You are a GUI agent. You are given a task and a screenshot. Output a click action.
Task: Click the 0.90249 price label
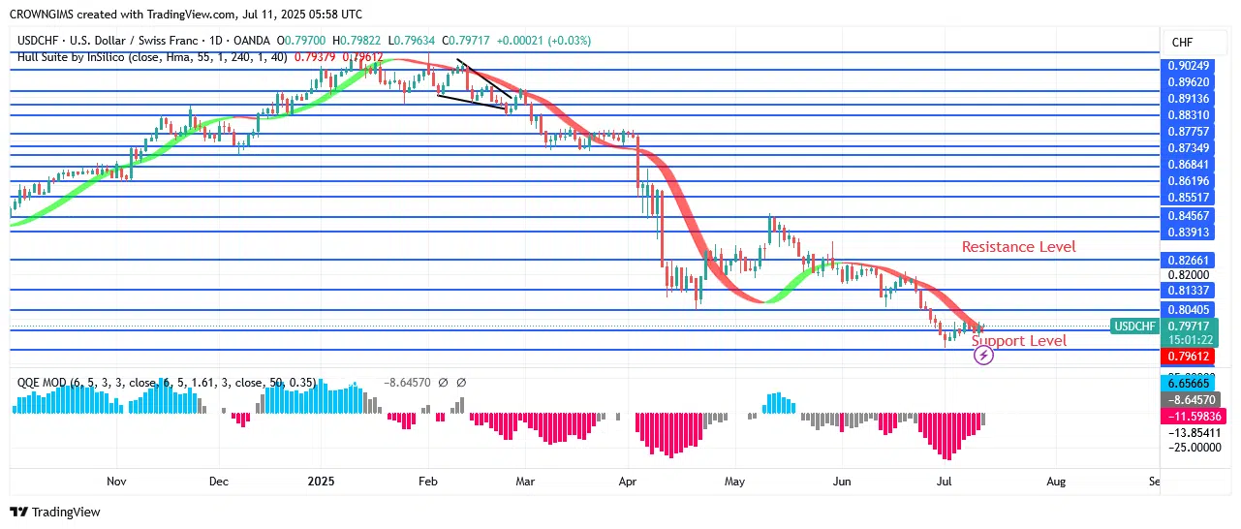click(x=1188, y=66)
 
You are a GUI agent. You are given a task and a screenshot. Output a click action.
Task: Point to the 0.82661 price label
click(x=1188, y=261)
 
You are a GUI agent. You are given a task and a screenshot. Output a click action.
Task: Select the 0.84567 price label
click(x=1188, y=215)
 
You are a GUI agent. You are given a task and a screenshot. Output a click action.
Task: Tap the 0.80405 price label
click(x=1188, y=310)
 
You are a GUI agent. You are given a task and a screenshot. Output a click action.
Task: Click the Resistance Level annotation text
click(x=1018, y=247)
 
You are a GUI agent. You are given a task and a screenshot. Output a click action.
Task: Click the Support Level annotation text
click(x=1018, y=341)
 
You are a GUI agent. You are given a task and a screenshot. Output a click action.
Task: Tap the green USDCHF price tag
click(x=1133, y=327)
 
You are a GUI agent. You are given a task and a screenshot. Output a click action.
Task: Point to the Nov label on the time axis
click(x=116, y=481)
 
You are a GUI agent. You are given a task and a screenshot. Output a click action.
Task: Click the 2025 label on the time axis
click(x=320, y=481)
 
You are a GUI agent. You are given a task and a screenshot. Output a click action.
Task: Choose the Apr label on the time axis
click(x=629, y=481)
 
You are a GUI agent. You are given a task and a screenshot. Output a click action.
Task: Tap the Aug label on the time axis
click(x=1056, y=481)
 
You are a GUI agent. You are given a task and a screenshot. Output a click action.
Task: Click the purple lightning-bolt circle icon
click(x=983, y=356)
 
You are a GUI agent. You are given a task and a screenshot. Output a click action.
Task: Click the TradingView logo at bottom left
click(x=55, y=512)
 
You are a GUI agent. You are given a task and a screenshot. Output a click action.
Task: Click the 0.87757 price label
click(x=1188, y=132)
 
